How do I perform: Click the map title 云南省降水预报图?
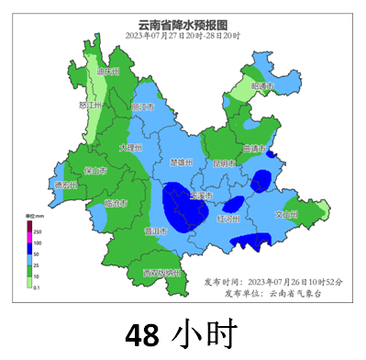click(x=183, y=24)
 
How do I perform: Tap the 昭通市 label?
click(x=263, y=86)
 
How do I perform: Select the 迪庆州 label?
click(x=109, y=71)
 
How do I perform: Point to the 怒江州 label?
click(x=90, y=106)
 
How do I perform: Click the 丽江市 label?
click(x=143, y=107)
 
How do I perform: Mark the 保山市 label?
click(x=94, y=171)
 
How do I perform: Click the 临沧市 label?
click(x=116, y=203)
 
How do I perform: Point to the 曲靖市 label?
click(x=254, y=149)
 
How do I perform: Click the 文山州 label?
click(x=287, y=215)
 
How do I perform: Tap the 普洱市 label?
click(x=155, y=231)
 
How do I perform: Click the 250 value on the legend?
click(x=38, y=231)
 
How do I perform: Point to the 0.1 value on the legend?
click(x=39, y=287)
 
